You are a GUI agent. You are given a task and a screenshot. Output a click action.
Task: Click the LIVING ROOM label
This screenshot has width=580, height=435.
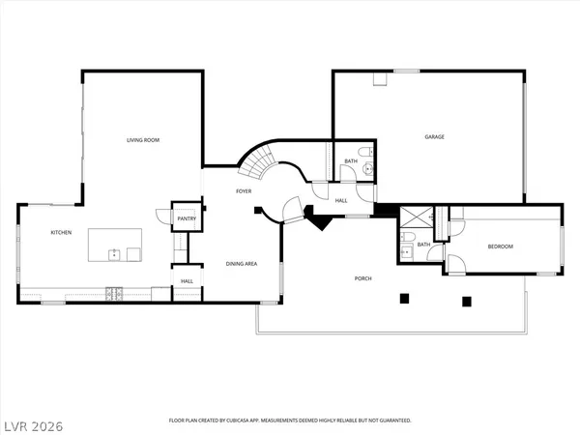tap(143, 141)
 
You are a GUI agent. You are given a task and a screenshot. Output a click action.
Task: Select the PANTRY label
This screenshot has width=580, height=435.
tap(187, 219)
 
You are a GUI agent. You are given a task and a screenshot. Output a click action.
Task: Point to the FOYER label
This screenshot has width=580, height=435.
tap(245, 191)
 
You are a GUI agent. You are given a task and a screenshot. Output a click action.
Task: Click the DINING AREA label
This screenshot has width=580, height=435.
tap(241, 263)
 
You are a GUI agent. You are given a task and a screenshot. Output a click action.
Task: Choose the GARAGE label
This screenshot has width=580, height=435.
tap(434, 137)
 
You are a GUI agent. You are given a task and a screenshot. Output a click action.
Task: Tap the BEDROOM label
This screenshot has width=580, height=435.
tap(500, 246)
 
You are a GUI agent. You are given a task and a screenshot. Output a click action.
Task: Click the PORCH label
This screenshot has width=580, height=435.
tap(362, 278)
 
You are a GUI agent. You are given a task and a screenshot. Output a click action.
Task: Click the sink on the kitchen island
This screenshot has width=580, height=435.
tap(114, 254)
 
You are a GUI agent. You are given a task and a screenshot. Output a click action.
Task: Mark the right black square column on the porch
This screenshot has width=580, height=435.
tap(467, 301)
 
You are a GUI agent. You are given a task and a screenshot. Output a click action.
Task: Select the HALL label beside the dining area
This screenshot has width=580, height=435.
tap(187, 281)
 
